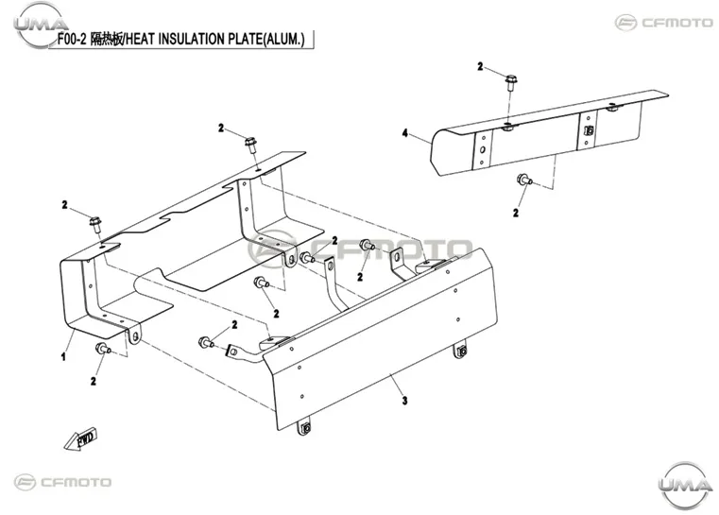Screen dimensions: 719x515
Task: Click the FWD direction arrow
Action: (x=80, y=439)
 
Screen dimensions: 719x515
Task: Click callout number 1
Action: (x=63, y=356)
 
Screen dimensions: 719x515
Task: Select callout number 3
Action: (x=404, y=401)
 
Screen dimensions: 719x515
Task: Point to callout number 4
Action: (x=405, y=133)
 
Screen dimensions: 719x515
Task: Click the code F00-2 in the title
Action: (x=72, y=40)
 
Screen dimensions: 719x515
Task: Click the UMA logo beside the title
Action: (x=41, y=25)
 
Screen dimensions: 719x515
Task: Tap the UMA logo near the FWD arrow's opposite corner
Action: (x=685, y=484)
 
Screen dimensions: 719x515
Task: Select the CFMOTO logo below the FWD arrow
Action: (x=62, y=483)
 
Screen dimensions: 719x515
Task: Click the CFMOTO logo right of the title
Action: (x=663, y=23)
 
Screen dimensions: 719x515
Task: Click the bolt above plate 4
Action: (x=511, y=83)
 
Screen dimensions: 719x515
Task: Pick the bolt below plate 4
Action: (x=524, y=180)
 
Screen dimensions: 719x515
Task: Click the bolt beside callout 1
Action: (x=103, y=349)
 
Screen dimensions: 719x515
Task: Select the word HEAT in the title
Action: (x=141, y=40)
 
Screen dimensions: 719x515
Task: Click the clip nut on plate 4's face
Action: (x=590, y=131)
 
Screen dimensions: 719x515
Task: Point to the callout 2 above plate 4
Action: (x=480, y=66)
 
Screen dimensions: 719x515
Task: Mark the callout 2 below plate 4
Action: (x=516, y=213)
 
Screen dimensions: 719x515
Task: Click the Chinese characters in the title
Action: (x=107, y=40)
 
